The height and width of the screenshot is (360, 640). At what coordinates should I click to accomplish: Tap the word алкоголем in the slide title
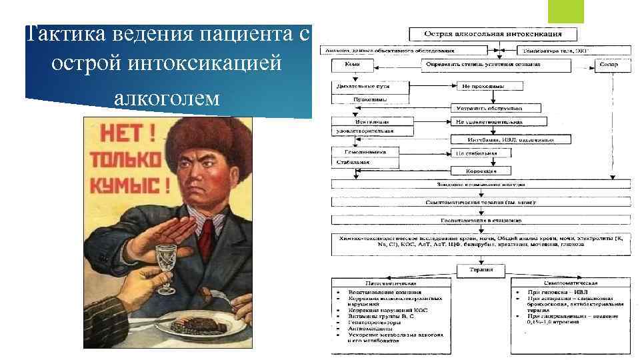click(x=167, y=99)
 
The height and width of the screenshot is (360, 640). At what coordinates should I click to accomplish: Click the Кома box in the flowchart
click(x=351, y=65)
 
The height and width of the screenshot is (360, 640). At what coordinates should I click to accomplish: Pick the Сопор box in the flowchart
click(x=609, y=65)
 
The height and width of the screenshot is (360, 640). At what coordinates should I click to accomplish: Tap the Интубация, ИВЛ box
click(x=512, y=140)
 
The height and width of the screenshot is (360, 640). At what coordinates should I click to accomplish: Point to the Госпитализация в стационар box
click(x=480, y=219)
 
